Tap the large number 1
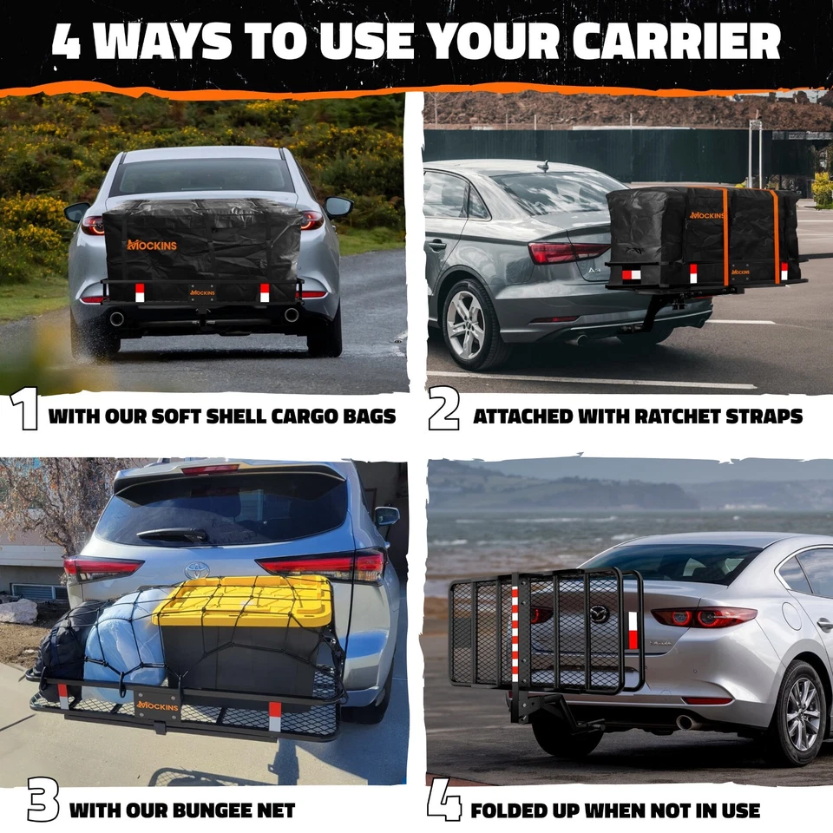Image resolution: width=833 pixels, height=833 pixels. pyautogui.click(x=26, y=411)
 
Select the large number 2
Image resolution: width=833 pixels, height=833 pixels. pyautogui.click(x=443, y=411)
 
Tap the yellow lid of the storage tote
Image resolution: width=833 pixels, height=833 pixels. pyautogui.click(x=243, y=599)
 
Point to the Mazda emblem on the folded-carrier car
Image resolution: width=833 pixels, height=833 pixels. pyautogui.click(x=600, y=613)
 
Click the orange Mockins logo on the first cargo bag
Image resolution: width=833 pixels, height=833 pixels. pyautogui.click(x=152, y=246)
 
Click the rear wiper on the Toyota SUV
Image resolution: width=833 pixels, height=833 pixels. pyautogui.click(x=174, y=535)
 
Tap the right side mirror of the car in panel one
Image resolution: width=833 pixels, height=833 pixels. pyautogui.click(x=338, y=207)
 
